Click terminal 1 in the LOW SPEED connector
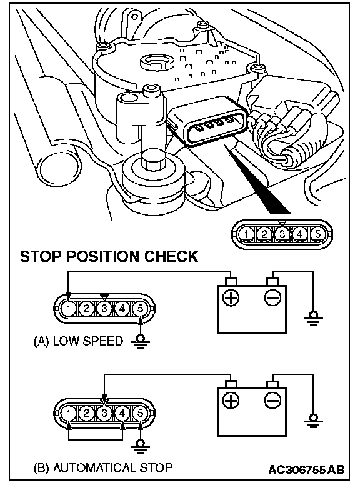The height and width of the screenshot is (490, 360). point(69,309)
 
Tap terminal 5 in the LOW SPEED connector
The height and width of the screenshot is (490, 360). point(140,309)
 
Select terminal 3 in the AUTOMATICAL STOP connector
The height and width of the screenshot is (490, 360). point(104,413)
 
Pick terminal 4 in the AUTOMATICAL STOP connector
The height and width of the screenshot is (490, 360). point(122,413)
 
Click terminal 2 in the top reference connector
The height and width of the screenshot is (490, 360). point(264,234)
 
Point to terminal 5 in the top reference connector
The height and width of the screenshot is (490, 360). point(317,234)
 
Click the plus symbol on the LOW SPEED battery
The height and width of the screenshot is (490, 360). point(231,297)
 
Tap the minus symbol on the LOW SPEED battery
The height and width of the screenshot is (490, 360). point(272,297)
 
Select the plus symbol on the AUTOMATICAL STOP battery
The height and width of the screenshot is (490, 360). point(231,400)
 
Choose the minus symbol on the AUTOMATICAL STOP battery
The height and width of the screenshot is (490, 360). point(272,400)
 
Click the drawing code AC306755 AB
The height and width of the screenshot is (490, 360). point(306,470)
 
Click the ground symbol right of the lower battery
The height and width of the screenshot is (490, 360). point(312,421)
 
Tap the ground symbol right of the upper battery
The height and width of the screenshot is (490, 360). point(312,318)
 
